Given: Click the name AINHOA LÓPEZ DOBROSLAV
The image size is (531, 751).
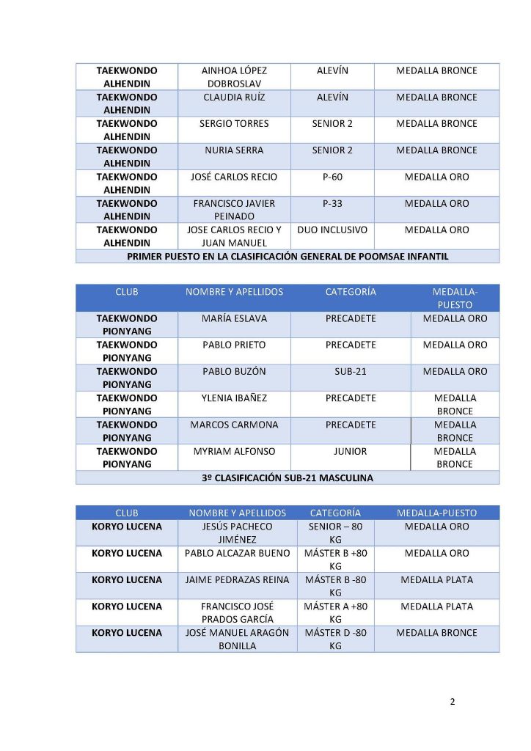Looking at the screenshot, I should (234, 77).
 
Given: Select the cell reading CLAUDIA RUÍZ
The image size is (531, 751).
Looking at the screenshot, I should (234, 98).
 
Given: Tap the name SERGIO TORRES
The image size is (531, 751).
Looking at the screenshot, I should (234, 124).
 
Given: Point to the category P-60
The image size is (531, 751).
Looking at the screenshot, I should (332, 177).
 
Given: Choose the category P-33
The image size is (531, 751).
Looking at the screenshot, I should (332, 204).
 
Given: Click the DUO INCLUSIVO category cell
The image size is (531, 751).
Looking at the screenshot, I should (332, 230).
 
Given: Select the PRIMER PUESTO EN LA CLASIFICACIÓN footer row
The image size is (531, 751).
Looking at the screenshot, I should (288, 257).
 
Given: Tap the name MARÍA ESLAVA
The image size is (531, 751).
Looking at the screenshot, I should (234, 319).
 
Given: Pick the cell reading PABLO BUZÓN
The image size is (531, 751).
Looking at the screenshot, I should (234, 372).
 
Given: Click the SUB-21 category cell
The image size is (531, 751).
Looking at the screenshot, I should (350, 372).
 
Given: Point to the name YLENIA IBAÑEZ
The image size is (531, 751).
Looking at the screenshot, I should (234, 398).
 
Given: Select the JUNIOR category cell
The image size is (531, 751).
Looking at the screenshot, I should (350, 452).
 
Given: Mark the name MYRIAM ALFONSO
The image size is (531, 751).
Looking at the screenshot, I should (234, 452).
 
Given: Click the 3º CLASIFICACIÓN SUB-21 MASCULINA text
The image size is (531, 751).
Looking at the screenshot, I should (288, 478).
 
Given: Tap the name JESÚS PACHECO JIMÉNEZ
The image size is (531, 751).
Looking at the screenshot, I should (237, 533).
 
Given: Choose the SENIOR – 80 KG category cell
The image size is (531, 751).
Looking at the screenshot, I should (335, 533).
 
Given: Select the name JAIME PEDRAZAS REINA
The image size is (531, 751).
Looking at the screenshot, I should (237, 580).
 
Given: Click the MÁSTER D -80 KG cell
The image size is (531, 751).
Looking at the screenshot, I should (335, 640).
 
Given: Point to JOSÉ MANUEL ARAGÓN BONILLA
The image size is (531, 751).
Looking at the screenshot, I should (237, 640).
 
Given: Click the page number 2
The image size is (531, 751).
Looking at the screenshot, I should (453, 702).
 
